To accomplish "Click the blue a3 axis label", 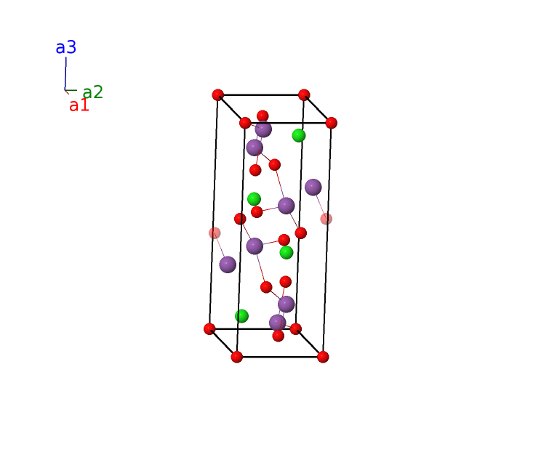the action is click(66, 47).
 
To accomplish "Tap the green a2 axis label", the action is click(92, 92).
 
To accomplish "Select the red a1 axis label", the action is click(79, 105).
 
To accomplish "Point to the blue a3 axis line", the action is click(65, 73).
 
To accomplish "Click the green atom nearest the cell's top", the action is click(299, 135).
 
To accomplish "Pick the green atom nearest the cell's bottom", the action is click(241, 316).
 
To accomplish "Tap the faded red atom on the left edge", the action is click(215, 233).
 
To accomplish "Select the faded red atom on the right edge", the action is click(326, 219).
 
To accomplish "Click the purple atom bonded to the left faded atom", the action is click(228, 265).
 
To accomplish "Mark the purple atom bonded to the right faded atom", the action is click(313, 187).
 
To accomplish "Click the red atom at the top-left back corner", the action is click(217, 94).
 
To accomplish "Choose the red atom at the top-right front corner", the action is click(332, 123).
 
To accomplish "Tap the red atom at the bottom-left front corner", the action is click(237, 357).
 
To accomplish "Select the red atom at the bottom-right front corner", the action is click(323, 357).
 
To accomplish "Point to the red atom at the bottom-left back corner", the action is click(209, 329).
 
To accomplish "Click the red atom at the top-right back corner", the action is click(304, 94).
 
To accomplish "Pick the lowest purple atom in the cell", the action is click(277, 323).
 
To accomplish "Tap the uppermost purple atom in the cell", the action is click(263, 129).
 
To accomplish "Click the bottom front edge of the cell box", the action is click(280, 357).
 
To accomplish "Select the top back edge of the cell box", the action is click(261, 94).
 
